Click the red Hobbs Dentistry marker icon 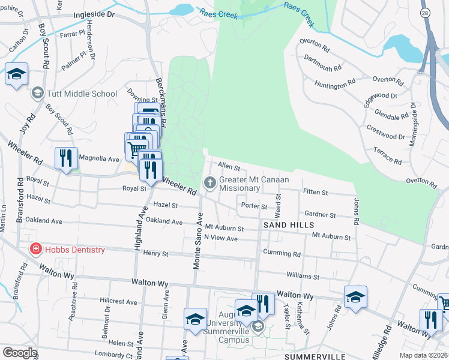pyautogui.click(x=36, y=249)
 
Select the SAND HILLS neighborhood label pyautogui.click(x=288, y=224)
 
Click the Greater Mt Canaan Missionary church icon pyautogui.click(x=210, y=182)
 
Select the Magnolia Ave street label pyautogui.click(x=100, y=159)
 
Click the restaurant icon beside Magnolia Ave pyautogui.click(x=66, y=158)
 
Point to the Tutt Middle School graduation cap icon pyautogui.click(x=38, y=93)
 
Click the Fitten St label pyautogui.click(x=315, y=193)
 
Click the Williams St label pyautogui.click(x=303, y=277)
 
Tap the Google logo pyautogui.click(x=20, y=353)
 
